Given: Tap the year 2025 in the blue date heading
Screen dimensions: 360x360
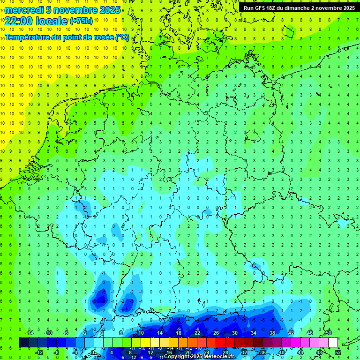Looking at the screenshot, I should pos(109,10).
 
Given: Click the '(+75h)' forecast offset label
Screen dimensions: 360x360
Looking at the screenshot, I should pos(81,21).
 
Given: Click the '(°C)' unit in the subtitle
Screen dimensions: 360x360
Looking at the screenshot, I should pos(122,37).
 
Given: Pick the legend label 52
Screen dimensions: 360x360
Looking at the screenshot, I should pos(337,352).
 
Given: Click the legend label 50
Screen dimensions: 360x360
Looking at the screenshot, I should pos(328,333).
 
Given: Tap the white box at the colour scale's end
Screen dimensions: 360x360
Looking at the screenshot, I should pos(333,343).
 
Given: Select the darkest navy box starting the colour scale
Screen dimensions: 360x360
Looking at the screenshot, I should pos(23,343).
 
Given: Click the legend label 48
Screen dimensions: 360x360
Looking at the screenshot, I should pos(319,352).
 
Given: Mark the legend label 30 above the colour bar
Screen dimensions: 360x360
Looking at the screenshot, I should pos(234,333).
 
